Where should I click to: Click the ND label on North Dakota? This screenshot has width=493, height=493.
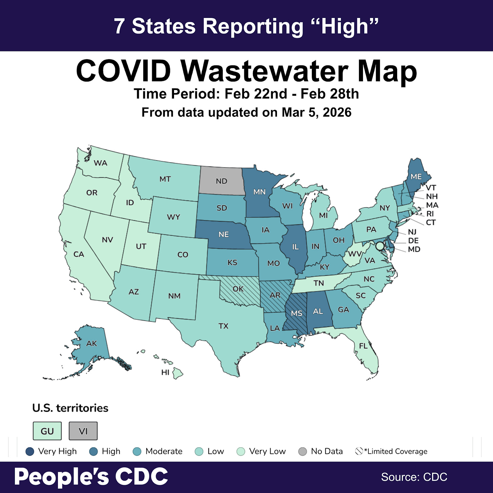tap(221, 181)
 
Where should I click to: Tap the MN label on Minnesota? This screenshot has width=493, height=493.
tap(259, 192)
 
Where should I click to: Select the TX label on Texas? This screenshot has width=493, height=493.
tap(223, 326)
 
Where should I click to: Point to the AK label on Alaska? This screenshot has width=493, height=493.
tap(91, 343)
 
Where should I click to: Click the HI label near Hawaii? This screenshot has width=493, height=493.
tap(165, 372)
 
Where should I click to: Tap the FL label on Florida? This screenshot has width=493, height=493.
tap(363, 346)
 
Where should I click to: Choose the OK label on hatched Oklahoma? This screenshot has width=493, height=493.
tap(238, 289)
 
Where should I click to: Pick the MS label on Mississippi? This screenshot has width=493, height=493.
tap(297, 313)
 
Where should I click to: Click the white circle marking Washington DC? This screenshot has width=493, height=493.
tap(380, 246)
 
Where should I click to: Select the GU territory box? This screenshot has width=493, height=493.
tap(47, 431)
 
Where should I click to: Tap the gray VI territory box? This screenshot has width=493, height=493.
tap(83, 431)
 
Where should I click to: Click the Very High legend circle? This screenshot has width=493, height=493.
tap(30, 451)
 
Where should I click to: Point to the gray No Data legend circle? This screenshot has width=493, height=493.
tap(302, 451)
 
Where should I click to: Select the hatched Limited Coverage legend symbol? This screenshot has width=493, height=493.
tap(359, 451)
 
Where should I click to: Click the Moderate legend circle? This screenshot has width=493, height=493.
tap(137, 451)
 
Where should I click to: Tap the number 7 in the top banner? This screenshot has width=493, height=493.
tap(119, 26)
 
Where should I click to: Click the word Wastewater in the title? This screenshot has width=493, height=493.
tap(265, 71)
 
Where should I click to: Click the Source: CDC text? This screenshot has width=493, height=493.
tap(414, 477)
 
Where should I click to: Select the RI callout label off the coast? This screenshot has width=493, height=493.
tap(430, 214)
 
